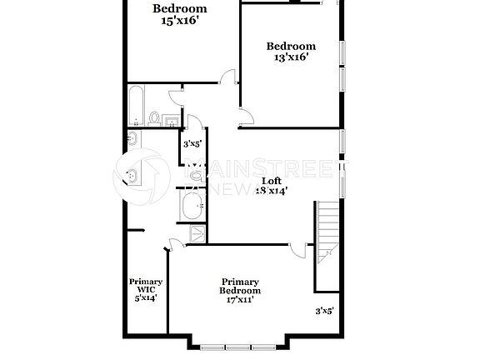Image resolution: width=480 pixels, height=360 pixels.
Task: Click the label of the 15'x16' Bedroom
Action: coord(179,9)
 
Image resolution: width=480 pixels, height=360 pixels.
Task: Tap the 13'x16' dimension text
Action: coord(291,57)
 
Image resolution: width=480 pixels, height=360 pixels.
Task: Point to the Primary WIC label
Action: coord(145,286)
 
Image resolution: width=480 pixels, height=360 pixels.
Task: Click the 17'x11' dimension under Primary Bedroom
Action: coord(240,300)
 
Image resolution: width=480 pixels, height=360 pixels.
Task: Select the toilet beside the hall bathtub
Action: coord(155,118)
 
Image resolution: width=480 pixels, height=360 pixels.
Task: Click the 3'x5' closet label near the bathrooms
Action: coord(192,143)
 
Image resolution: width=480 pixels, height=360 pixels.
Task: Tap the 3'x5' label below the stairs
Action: coord(324,311)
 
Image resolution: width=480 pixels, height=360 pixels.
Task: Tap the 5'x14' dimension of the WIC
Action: coord(145,297)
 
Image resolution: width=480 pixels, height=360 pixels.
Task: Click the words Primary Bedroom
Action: coord(240,286)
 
